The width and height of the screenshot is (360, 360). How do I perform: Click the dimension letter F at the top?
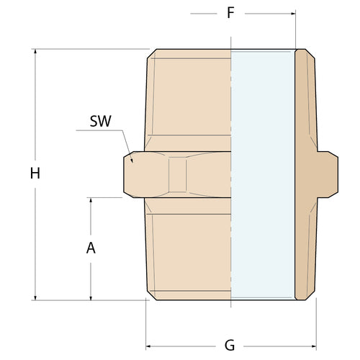pyautogui.click(x=230, y=13)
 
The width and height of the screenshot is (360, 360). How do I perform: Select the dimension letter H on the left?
pyautogui.click(x=35, y=174)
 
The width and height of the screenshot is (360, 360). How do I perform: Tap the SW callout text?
pyautogui.click(x=100, y=120)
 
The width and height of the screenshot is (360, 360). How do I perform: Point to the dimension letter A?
pyautogui.click(x=91, y=248)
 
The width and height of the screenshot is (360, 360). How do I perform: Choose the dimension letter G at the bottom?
pyautogui.click(x=230, y=345)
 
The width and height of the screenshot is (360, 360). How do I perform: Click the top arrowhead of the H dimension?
pyautogui.click(x=35, y=53)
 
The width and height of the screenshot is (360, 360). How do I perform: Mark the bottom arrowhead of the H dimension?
pyautogui.click(x=35, y=296)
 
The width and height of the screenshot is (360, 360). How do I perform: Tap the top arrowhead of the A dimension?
pyautogui.click(x=91, y=201)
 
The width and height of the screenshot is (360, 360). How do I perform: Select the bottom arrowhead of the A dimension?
pyautogui.click(x=91, y=296)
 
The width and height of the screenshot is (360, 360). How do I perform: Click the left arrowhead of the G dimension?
pyautogui.click(x=150, y=345)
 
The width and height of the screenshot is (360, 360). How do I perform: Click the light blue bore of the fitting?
pyautogui.click(x=262, y=173)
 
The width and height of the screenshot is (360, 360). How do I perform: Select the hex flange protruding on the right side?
pyautogui.click(x=328, y=174)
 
